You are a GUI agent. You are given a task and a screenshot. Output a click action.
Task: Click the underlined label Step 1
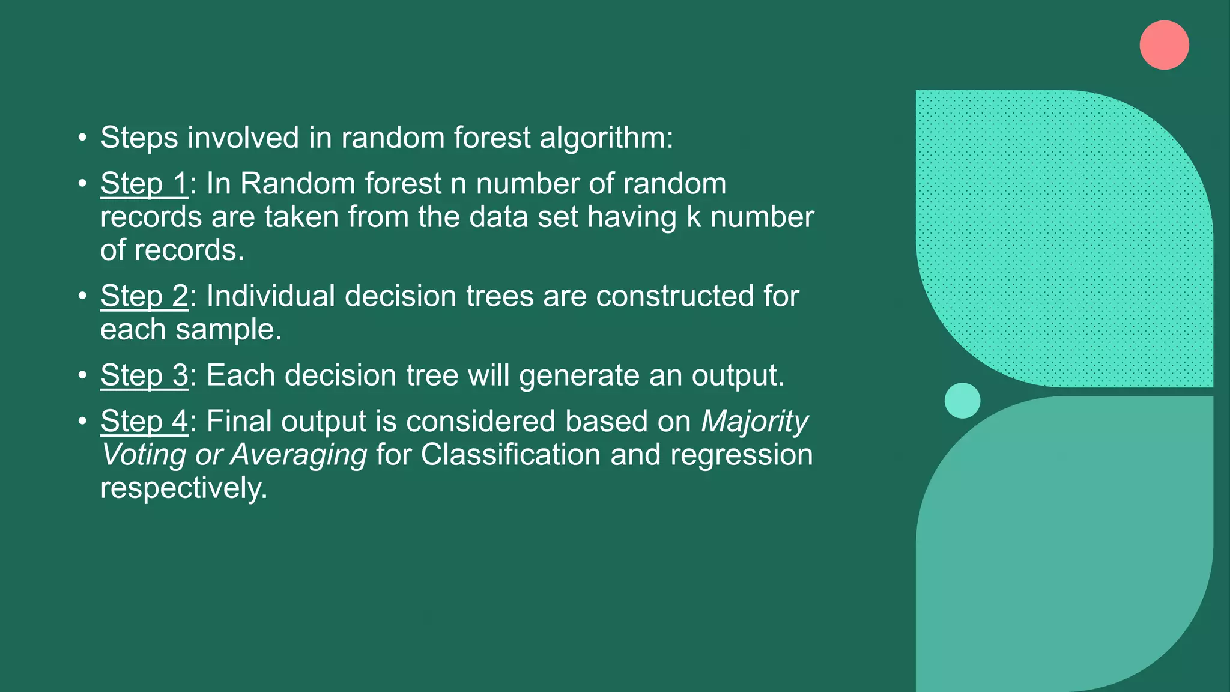(144, 184)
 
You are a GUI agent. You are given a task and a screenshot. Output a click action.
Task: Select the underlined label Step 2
(144, 296)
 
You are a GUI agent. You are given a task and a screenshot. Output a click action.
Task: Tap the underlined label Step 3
(144, 375)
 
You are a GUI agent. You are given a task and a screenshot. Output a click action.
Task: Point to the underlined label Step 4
(144, 421)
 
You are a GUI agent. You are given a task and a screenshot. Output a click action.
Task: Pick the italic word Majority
(755, 422)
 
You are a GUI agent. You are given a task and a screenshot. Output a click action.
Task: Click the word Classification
(510, 455)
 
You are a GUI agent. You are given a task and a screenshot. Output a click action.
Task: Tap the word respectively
(183, 488)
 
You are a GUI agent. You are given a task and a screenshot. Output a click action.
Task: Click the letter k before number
(694, 217)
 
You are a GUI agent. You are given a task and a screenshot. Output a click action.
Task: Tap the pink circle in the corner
(1164, 45)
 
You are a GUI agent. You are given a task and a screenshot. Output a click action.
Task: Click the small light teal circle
(962, 401)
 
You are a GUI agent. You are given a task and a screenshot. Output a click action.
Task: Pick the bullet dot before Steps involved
(83, 138)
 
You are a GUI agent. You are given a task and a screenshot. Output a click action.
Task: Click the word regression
(741, 455)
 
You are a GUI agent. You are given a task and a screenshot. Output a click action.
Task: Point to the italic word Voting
(143, 455)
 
